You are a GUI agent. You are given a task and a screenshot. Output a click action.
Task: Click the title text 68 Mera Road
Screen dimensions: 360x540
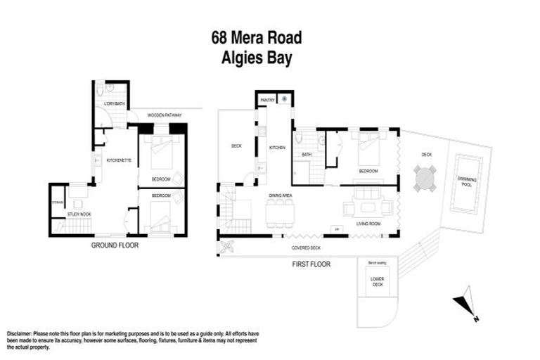[x=257, y=37]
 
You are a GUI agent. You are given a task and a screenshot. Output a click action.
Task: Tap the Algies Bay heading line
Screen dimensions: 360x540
[x=257, y=57]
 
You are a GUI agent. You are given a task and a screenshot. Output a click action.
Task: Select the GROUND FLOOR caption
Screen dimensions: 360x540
[x=115, y=245]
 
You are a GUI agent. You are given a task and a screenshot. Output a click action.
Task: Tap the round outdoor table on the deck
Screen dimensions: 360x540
[x=425, y=179]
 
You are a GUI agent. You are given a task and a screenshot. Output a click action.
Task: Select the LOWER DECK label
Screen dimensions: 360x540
[x=378, y=281]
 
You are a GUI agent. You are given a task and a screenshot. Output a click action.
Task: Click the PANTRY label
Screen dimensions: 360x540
[x=266, y=101]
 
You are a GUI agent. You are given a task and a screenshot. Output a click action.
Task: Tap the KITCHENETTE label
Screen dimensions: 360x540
[x=116, y=160]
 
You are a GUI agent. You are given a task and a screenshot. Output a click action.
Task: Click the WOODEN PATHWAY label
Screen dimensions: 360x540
[x=165, y=115]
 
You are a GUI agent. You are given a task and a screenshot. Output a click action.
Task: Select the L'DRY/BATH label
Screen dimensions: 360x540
[x=113, y=104]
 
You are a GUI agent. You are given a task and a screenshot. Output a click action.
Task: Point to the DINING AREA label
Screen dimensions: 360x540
[x=281, y=195]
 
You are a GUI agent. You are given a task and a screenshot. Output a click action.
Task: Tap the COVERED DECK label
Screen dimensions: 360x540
[x=306, y=248]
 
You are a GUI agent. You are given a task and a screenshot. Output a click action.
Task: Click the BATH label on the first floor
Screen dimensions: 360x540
[x=307, y=155]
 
